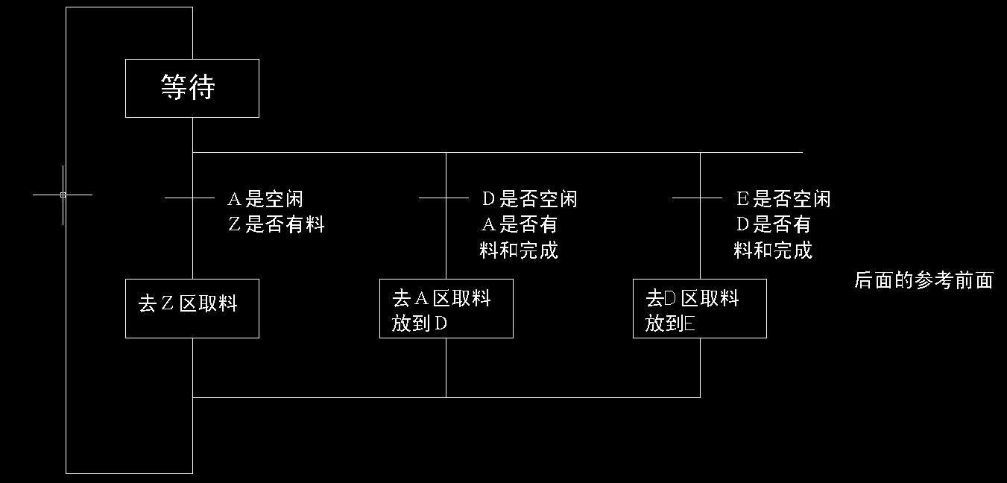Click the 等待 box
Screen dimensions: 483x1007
point(192,88)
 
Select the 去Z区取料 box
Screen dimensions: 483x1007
point(192,308)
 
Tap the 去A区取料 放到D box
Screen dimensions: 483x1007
point(446,308)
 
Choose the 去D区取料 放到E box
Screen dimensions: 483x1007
point(699,308)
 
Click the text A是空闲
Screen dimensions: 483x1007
point(265,199)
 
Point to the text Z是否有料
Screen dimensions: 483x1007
point(276,224)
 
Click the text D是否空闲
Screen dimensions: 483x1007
point(529,199)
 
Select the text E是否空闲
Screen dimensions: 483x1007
point(783,199)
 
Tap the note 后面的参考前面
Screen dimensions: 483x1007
point(923,280)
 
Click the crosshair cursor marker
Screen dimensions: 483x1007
point(63,195)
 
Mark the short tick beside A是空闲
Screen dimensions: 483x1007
point(189,198)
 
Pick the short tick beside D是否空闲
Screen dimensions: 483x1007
point(443,198)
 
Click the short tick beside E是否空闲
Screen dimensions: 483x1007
point(697,198)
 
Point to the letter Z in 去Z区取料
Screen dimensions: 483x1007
point(167,303)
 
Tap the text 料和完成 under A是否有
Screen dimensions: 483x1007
point(519,250)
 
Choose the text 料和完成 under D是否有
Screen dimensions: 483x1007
point(773,250)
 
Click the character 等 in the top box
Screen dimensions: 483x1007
point(174,87)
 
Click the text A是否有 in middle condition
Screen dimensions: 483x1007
point(520,224)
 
